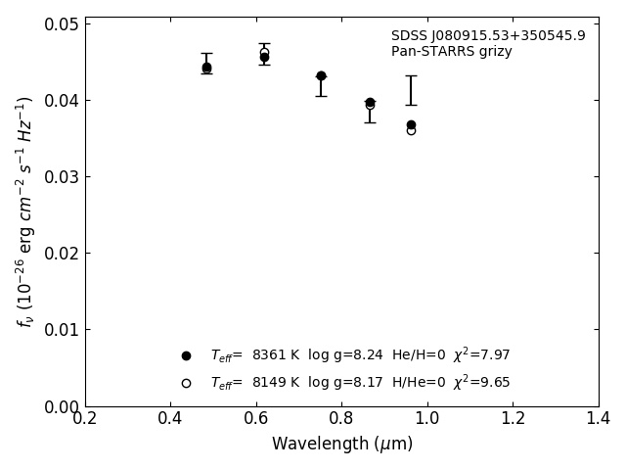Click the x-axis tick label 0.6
point(256,418)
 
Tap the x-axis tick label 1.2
point(513,418)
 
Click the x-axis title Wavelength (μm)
point(342,445)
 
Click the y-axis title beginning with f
point(25,211)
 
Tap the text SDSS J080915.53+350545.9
point(488,36)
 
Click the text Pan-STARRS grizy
point(451,52)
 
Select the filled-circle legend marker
point(186,355)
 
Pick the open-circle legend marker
point(186,383)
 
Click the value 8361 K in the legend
point(274,355)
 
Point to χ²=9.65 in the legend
point(481,383)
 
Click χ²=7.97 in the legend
point(481,355)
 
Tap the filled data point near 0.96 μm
point(411,124)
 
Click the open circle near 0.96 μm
point(411,131)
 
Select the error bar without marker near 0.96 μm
point(411,90)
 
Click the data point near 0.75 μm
point(321,75)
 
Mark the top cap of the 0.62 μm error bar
point(264,43)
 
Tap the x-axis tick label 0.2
point(85,418)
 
